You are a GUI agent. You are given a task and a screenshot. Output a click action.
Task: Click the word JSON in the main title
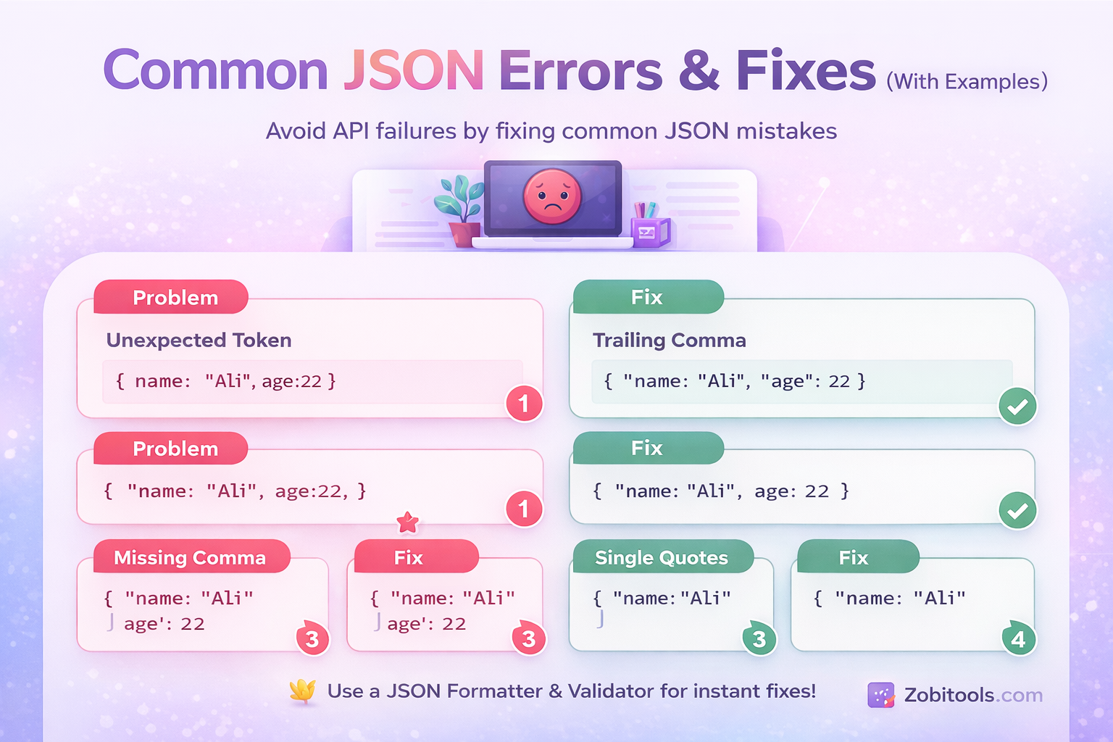point(413,71)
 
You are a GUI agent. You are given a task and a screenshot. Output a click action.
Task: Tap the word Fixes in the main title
point(806,71)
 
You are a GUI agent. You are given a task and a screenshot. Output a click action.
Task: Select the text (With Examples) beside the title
point(967,81)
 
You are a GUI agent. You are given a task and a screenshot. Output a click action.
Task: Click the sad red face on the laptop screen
point(552,196)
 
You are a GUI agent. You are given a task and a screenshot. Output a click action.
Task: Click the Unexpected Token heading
point(199,340)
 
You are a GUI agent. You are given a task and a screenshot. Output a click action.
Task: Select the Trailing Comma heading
point(669,340)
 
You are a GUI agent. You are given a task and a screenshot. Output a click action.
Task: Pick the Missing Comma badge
point(190,557)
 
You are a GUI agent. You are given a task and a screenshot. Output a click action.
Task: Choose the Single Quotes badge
point(661,557)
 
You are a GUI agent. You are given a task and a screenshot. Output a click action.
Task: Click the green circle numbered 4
point(1018,639)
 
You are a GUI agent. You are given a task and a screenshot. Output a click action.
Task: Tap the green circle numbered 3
point(759,639)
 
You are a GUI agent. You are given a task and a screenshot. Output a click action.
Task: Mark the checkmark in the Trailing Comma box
point(1017,407)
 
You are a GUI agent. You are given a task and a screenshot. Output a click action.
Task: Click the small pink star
point(408,522)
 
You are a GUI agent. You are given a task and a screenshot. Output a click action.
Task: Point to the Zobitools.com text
point(972,695)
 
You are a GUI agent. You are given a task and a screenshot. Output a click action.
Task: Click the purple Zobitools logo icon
point(881,695)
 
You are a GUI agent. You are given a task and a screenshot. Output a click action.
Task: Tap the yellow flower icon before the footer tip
point(303,691)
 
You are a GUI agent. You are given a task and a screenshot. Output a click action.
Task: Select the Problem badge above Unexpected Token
point(175,297)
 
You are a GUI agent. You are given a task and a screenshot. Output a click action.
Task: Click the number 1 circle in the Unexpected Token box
point(524,404)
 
